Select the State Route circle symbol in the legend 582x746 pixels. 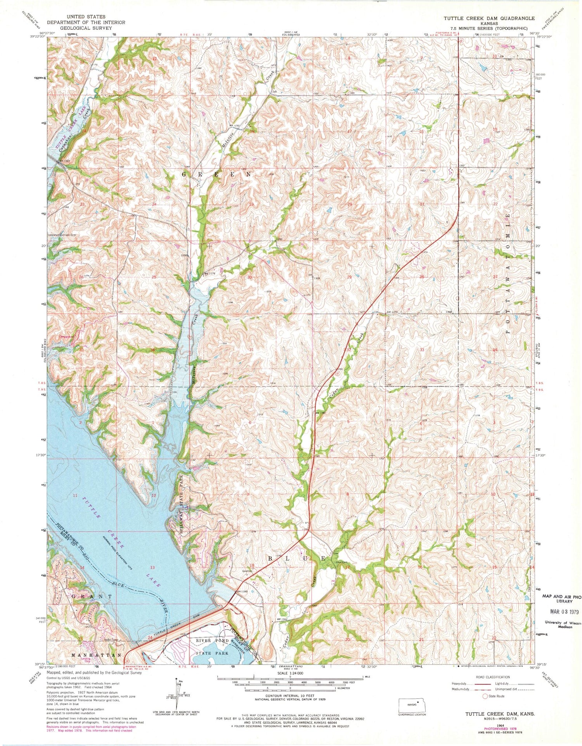485,696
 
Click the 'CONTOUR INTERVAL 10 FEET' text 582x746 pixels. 278,696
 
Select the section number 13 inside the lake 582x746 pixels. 152,567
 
